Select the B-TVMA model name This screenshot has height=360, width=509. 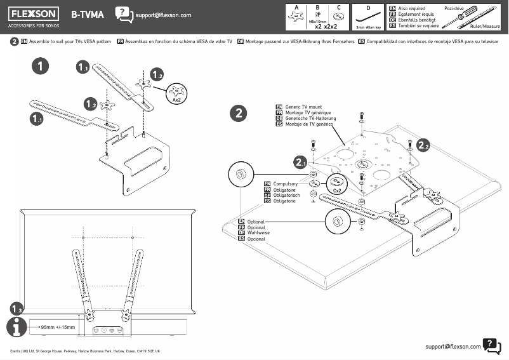(88, 14)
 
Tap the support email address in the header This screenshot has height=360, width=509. (164, 15)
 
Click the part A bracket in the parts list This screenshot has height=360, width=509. (296, 19)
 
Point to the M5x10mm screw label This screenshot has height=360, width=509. (317, 22)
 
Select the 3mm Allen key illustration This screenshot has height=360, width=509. (368, 18)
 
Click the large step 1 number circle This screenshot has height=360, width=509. (40, 65)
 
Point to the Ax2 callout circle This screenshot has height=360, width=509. (177, 93)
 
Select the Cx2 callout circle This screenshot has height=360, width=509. (338, 183)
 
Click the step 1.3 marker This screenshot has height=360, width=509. (17, 308)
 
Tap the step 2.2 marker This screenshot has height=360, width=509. (425, 145)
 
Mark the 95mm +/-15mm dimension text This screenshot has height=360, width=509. (58, 328)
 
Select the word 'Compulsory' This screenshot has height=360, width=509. (286, 183)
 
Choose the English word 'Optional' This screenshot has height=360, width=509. (256, 222)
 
